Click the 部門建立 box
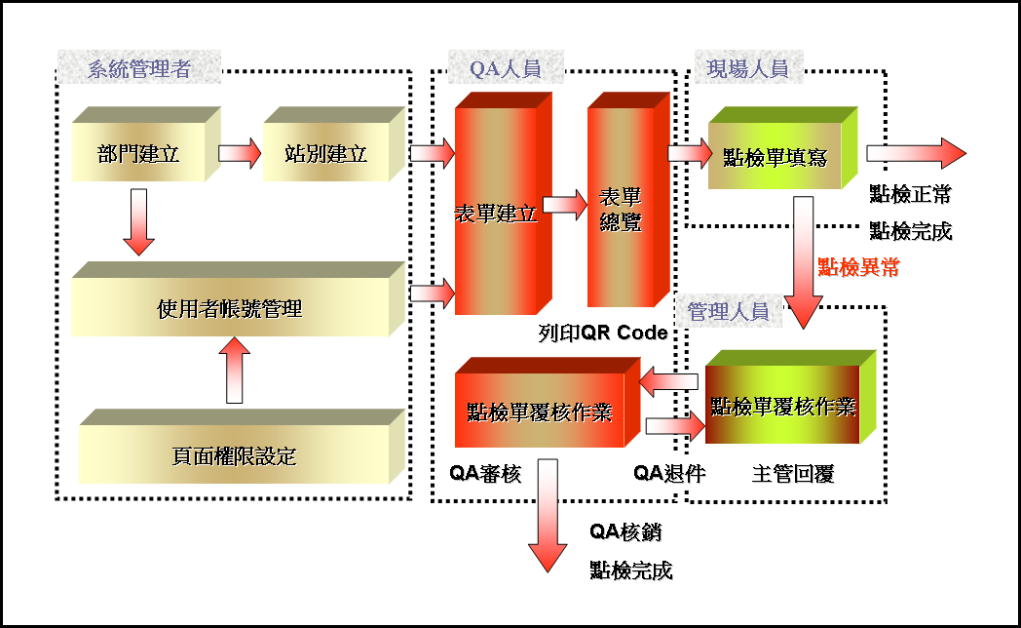tap(138, 153)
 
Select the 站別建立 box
tap(325, 153)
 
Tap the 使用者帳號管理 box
tap(230, 309)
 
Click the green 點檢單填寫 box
tap(775, 157)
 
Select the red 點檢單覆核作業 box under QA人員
tap(539, 412)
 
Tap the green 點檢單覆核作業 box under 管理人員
tap(782, 406)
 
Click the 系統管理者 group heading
tap(138, 69)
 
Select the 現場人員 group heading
tap(747, 69)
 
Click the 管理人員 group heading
tap(728, 311)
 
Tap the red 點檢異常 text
tap(858, 267)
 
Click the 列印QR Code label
tap(603, 333)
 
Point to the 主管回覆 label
tap(793, 474)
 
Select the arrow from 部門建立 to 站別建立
tap(239, 153)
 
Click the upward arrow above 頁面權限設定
tap(234, 371)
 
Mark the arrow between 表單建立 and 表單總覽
tap(564, 205)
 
